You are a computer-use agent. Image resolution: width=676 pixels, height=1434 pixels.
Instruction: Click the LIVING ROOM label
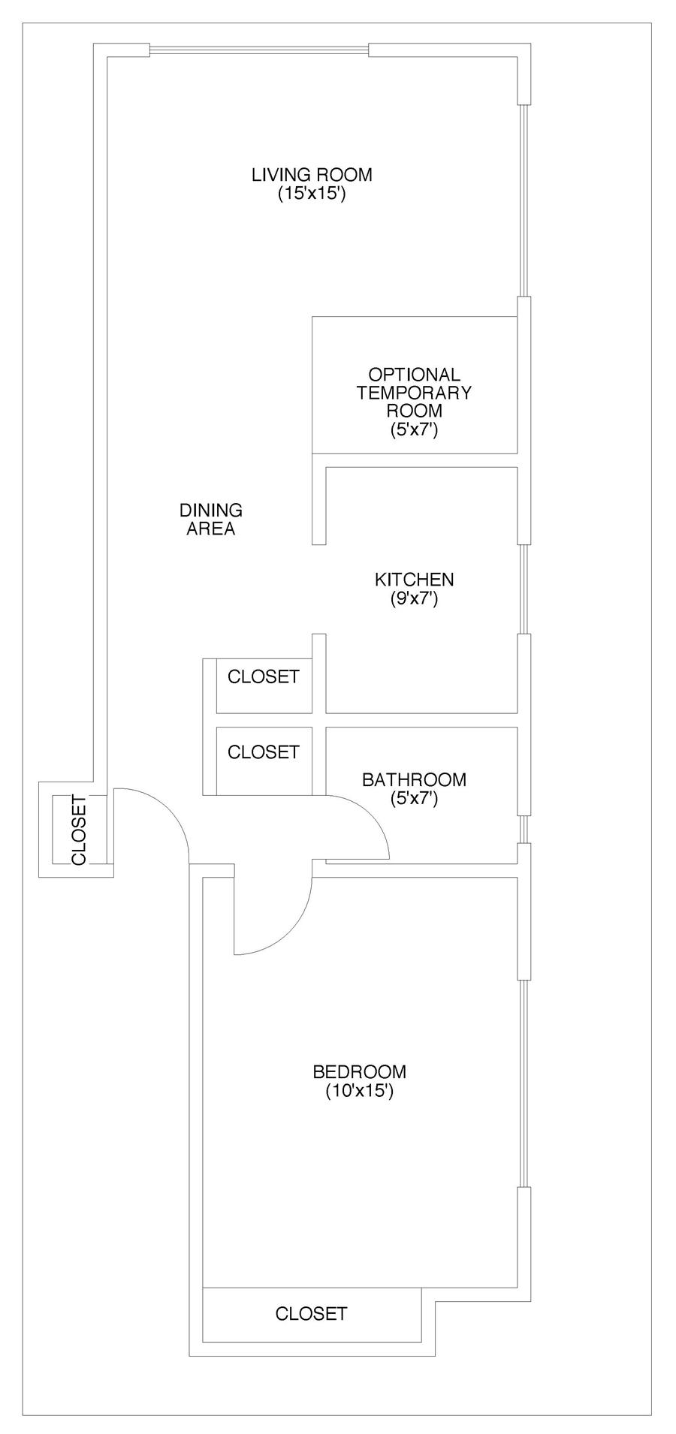tap(312, 175)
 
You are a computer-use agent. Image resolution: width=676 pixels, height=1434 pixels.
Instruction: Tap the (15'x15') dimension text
tap(312, 194)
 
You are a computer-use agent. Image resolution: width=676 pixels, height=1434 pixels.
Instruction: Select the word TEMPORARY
tap(414, 392)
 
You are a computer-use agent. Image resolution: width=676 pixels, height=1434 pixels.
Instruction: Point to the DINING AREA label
tap(211, 520)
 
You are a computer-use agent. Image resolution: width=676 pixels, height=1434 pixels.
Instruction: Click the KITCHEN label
tap(414, 580)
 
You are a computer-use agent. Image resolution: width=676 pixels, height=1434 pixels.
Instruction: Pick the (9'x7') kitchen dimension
tap(414, 599)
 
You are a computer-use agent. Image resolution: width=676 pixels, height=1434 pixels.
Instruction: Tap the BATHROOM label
tap(414, 779)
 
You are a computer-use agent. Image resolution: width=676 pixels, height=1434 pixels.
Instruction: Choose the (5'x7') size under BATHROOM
tap(414, 799)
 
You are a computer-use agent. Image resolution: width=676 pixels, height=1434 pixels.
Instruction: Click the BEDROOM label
tap(360, 1071)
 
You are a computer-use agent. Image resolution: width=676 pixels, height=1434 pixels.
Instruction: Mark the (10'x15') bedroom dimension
tap(360, 1091)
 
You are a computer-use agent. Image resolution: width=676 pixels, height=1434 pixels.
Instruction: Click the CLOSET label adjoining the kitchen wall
tap(264, 676)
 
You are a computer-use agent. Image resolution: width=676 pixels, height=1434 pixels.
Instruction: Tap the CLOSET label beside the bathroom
tap(264, 752)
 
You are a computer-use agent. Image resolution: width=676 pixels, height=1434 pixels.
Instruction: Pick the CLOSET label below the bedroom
tap(312, 1313)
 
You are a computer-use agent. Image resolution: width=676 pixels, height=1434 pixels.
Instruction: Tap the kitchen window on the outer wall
tap(525, 589)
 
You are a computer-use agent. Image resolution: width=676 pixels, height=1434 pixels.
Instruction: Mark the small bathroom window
tap(525, 829)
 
